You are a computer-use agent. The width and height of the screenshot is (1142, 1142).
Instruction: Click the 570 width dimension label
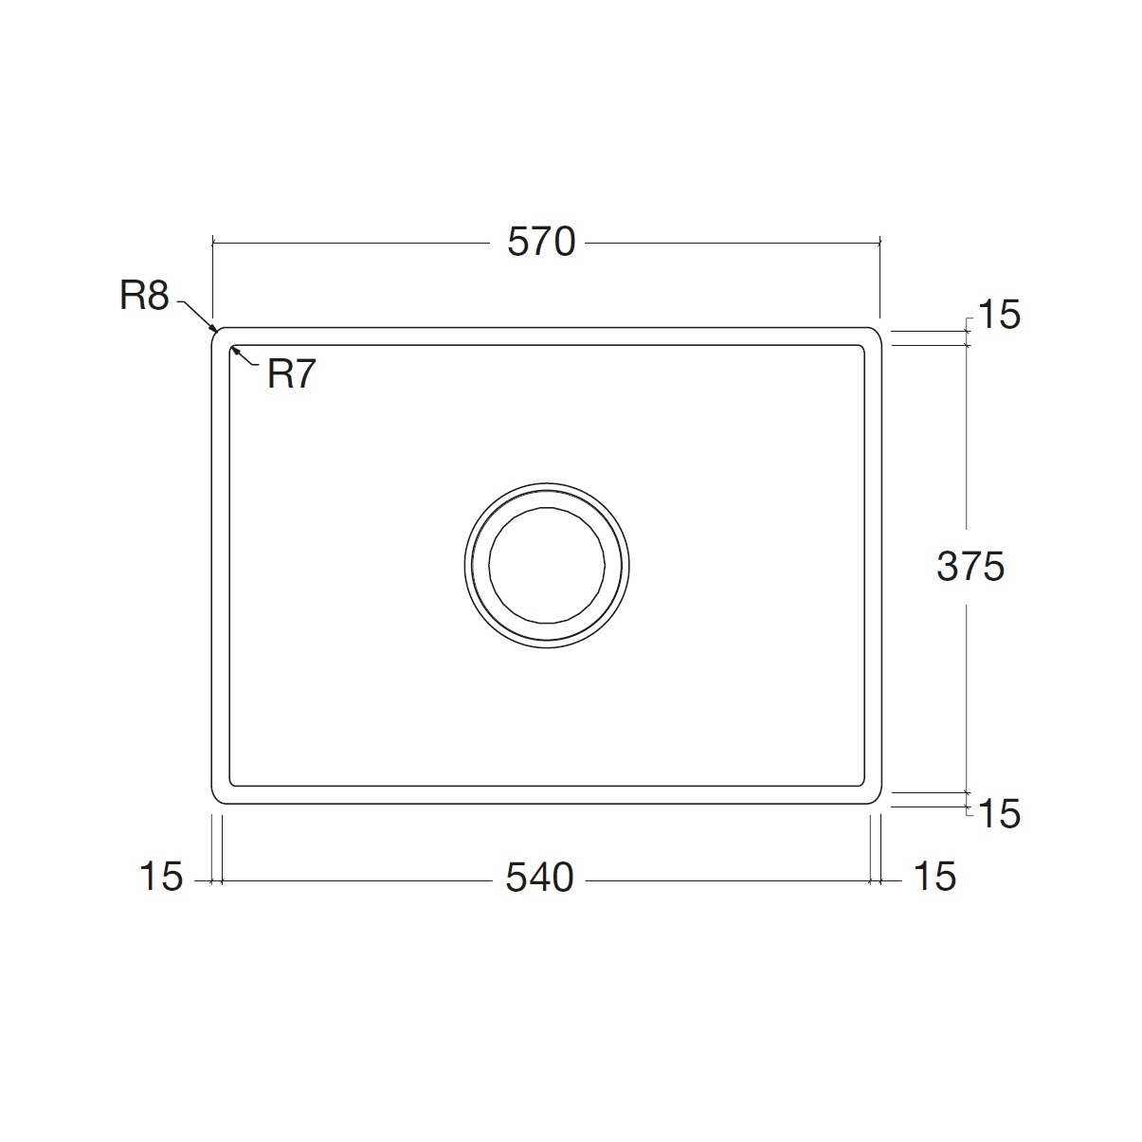pyautogui.click(x=541, y=242)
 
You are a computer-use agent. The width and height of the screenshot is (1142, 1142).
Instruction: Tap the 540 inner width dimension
pyautogui.click(x=539, y=878)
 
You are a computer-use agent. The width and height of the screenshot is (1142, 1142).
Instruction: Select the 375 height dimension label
pyautogui.click(x=970, y=566)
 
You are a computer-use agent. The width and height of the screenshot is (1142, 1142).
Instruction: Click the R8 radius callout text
pyautogui.click(x=144, y=295)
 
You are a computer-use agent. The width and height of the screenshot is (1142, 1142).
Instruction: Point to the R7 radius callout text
pyautogui.click(x=291, y=374)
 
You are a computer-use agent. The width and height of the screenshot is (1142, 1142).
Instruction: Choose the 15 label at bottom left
pyautogui.click(x=161, y=877)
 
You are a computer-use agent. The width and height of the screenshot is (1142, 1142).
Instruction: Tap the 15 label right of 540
pyautogui.click(x=935, y=877)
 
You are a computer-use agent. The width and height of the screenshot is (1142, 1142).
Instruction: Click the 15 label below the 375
pyautogui.click(x=999, y=814)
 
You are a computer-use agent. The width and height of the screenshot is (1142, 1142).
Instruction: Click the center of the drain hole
pyautogui.click(x=547, y=566)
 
